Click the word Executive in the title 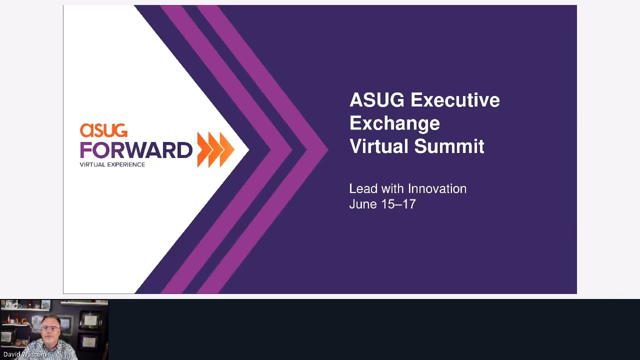pyautogui.click(x=455, y=100)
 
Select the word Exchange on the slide pyautogui.click(x=394, y=123)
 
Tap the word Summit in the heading pyautogui.click(x=449, y=146)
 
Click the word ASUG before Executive pyautogui.click(x=377, y=100)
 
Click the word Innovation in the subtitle pyautogui.click(x=437, y=189)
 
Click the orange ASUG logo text pyautogui.click(x=103, y=130)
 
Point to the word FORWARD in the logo pyautogui.click(x=136, y=149)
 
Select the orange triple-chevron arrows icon pyautogui.click(x=215, y=149)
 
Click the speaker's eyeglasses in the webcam pyautogui.click(x=50, y=328)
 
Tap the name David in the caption pyautogui.click(x=10, y=354)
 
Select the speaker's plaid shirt pyautogui.click(x=48, y=350)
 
